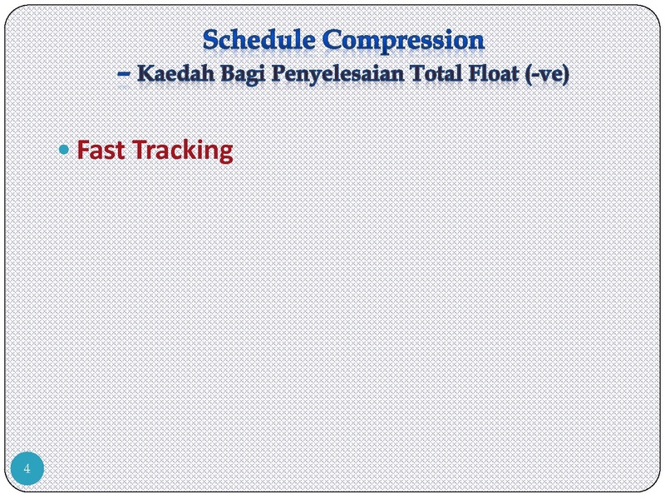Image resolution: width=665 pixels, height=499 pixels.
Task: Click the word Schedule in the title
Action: [259, 40]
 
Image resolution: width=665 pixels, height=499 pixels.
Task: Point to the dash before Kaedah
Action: [123, 74]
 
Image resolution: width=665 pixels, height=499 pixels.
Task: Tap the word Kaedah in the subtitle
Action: [175, 73]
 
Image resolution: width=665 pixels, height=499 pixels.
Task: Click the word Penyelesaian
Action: [337, 75]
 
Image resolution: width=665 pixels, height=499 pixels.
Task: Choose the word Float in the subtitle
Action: [494, 73]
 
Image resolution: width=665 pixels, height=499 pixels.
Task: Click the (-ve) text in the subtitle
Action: [547, 75]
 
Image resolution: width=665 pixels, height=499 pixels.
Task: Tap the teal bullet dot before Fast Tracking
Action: [64, 150]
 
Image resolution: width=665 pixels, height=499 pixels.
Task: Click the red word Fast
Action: [101, 150]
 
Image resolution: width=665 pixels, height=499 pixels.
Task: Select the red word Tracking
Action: [183, 151]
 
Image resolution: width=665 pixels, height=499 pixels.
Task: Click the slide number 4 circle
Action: [27, 468]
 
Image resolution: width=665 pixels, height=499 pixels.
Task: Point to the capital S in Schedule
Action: [210, 40]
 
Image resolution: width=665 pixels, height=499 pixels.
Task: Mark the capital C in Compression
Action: [332, 40]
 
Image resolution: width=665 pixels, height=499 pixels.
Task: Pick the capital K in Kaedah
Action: [145, 73]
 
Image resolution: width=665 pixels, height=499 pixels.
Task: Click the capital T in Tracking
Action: [140, 150]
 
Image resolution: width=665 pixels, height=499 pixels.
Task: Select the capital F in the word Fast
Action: [82, 150]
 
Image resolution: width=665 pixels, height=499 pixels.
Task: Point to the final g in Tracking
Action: [226, 154]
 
